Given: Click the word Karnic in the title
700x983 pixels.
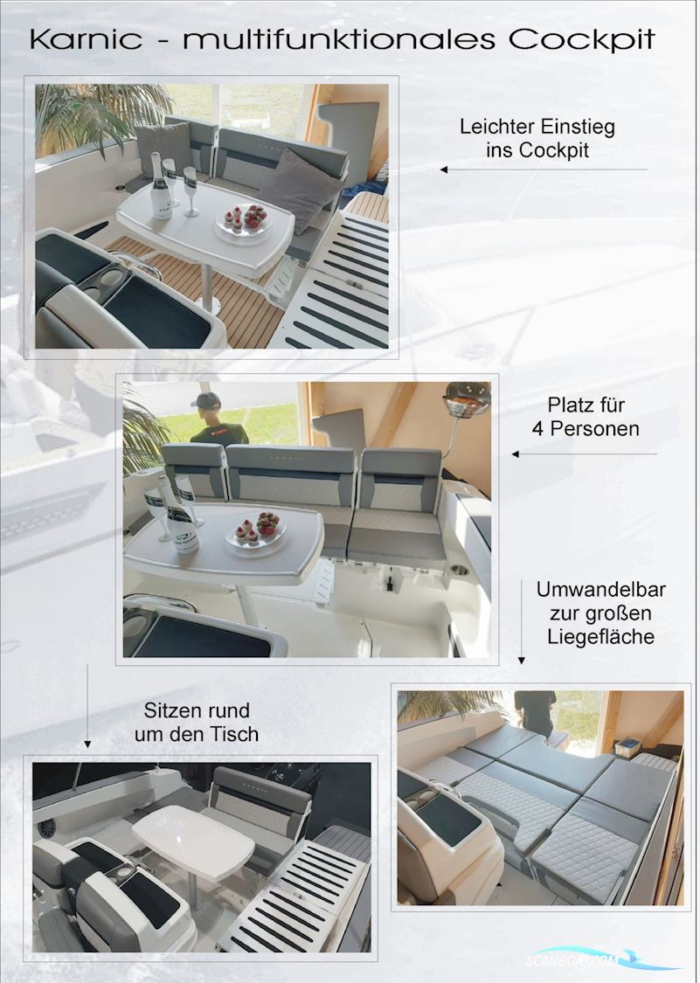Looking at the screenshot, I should (x=86, y=39).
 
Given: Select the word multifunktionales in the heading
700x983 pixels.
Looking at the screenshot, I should (x=336, y=39).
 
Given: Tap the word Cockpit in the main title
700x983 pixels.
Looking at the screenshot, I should (x=582, y=39).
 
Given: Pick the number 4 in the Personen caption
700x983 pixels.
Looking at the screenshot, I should (x=538, y=429).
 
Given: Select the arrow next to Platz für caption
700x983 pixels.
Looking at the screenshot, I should (x=584, y=454).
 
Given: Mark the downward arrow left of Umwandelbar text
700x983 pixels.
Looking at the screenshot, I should (x=521, y=620).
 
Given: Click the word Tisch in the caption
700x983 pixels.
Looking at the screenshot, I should (x=235, y=734).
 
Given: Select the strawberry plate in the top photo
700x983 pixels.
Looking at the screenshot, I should (x=244, y=220).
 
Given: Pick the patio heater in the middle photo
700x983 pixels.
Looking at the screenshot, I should (x=466, y=404).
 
